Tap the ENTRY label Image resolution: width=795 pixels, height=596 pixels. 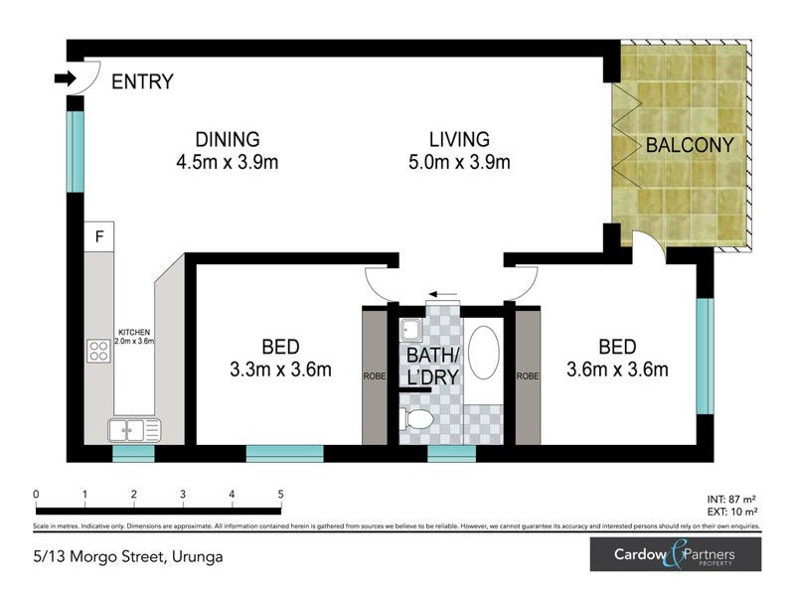pyautogui.click(x=142, y=82)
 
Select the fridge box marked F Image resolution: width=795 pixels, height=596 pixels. pyautogui.click(x=98, y=236)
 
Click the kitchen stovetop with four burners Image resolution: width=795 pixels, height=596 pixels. pyautogui.click(x=98, y=350)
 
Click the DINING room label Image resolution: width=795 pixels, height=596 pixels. pyautogui.click(x=227, y=140)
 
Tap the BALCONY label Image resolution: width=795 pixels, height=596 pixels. pyautogui.click(x=689, y=145)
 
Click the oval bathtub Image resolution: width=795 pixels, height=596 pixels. pyautogui.click(x=484, y=353)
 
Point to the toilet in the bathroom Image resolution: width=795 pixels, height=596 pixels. pyautogui.click(x=417, y=419)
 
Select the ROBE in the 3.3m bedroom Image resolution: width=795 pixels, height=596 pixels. pyautogui.click(x=374, y=376)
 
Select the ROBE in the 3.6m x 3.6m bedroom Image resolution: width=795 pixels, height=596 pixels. pyautogui.click(x=528, y=376)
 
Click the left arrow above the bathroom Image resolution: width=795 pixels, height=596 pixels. pyautogui.click(x=442, y=295)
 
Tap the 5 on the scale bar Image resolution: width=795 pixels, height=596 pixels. pyautogui.click(x=281, y=494)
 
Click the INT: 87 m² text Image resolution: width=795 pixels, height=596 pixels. pyautogui.click(x=731, y=501)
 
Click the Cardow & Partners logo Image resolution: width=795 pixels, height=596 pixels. pyautogui.click(x=675, y=554)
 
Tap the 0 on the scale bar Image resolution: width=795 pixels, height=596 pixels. pyautogui.click(x=36, y=494)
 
